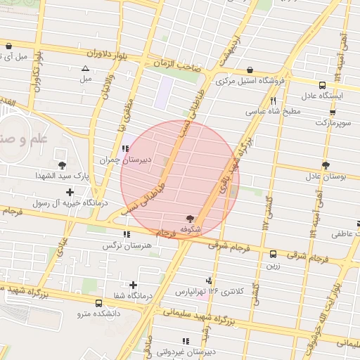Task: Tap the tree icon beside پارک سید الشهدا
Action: pos(63,166)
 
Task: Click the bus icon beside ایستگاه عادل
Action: pos(322,84)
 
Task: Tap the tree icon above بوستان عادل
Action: pos(326,165)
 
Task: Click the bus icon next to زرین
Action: pos(272,254)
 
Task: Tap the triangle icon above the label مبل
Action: pos(86,68)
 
